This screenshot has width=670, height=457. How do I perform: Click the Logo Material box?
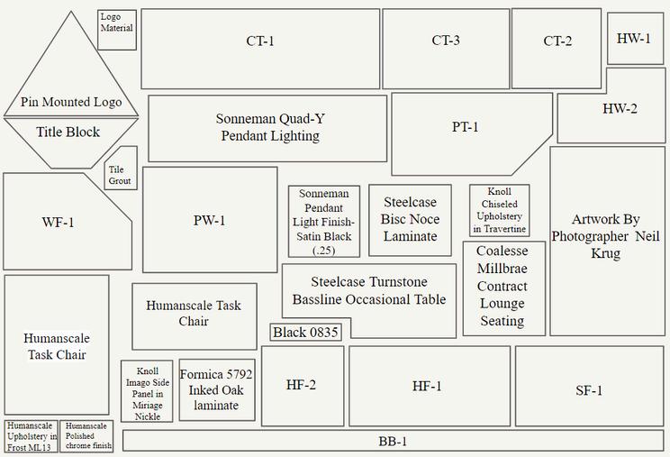[117, 30]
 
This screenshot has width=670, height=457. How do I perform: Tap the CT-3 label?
[446, 41]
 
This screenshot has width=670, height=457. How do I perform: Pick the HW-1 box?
[634, 39]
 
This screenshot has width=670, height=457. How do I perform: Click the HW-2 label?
[620, 109]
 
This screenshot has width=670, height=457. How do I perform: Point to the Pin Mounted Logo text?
[71, 103]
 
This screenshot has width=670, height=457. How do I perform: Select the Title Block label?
[68, 133]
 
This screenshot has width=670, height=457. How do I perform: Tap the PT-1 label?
[465, 127]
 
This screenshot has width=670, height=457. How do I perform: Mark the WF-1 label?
[58, 223]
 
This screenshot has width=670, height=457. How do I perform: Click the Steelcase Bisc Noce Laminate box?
[410, 220]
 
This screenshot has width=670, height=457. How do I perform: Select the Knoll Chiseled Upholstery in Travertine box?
[499, 211]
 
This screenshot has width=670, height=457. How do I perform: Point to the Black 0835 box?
[306, 333]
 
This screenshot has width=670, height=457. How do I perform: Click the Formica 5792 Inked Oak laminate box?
[216, 390]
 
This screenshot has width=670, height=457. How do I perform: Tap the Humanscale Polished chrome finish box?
[87, 435]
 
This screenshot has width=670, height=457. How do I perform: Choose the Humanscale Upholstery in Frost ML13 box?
[32, 435]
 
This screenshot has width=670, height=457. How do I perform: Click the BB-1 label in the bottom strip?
[393, 442]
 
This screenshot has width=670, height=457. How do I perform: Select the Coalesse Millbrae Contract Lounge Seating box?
[502, 287]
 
